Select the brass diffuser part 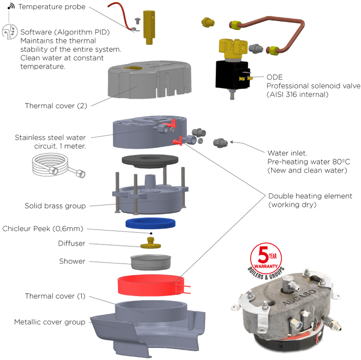(151, 243)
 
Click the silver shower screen (151, 262)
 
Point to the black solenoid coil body (232, 74)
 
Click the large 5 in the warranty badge (263, 254)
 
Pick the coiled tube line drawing (58, 166)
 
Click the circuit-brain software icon (9, 32)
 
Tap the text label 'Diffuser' (72, 243)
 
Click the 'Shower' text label (72, 261)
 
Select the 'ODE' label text (274, 77)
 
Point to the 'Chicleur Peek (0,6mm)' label (43, 229)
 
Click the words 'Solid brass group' (55, 206)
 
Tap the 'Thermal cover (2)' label (56, 106)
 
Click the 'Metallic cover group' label (50, 322)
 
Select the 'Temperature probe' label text (52, 7)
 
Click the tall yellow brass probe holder (149, 27)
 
